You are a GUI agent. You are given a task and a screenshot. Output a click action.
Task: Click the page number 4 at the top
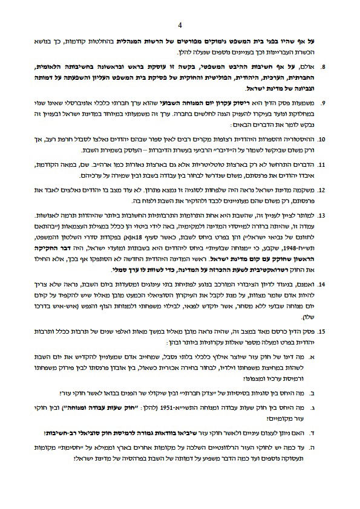(180, 25)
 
